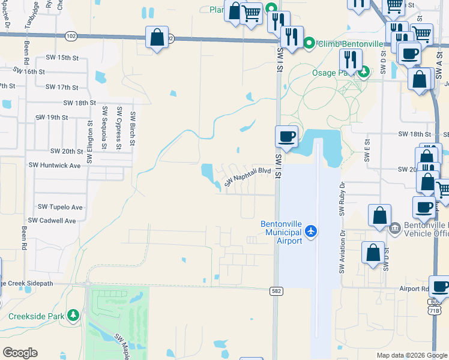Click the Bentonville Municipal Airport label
tap(282, 232)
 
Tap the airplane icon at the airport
tap(311, 231)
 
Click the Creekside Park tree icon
tap(73, 315)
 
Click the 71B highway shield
tap(435, 307)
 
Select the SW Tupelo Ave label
tap(60, 207)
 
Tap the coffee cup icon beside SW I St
tap(287, 136)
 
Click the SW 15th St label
tap(62, 58)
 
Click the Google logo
tap(20, 353)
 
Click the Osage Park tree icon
tap(363, 73)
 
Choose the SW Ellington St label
tap(89, 143)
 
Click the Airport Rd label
tap(414, 289)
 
